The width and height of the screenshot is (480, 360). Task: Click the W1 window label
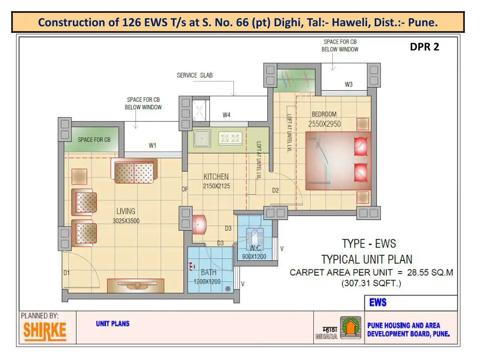(152, 145)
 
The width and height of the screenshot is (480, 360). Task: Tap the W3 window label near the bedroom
(349, 84)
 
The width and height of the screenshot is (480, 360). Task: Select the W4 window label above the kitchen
(226, 115)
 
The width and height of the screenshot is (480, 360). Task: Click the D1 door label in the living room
(66, 272)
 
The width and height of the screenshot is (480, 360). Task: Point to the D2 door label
(276, 190)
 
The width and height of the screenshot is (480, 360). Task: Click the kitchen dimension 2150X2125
(216, 186)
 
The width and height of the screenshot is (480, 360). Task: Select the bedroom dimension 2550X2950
(324, 124)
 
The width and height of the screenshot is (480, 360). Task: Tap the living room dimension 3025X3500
(126, 221)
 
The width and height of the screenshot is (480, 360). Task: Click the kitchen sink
(202, 139)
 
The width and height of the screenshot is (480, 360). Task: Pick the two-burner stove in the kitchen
(230, 138)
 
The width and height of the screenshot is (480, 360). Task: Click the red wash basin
(199, 224)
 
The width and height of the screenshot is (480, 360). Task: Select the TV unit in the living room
(136, 285)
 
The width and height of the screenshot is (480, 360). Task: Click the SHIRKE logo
(45, 331)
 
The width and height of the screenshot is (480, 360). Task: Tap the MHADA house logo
(351, 327)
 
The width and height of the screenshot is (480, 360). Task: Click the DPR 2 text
(424, 47)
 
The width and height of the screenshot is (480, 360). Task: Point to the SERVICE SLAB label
(195, 75)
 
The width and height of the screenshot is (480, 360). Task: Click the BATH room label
(208, 272)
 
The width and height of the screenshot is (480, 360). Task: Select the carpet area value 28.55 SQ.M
(430, 272)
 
